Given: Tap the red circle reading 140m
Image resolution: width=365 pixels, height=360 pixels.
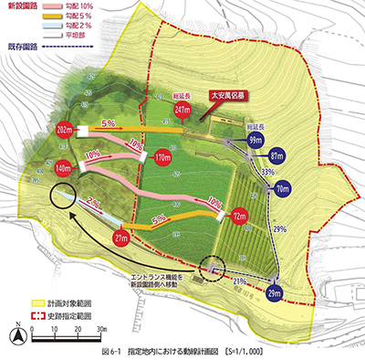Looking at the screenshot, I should point(64,168).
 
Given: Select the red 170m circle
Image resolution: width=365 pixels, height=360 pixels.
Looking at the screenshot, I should point(164,156).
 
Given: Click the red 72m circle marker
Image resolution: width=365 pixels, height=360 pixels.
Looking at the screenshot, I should point(239,217).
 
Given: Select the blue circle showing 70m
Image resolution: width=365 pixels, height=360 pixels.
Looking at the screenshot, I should point(283,189).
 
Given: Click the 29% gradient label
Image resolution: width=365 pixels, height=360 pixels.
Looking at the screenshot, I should point(278,228).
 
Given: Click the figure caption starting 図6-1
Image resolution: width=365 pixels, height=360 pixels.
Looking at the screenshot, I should point(182,351).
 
